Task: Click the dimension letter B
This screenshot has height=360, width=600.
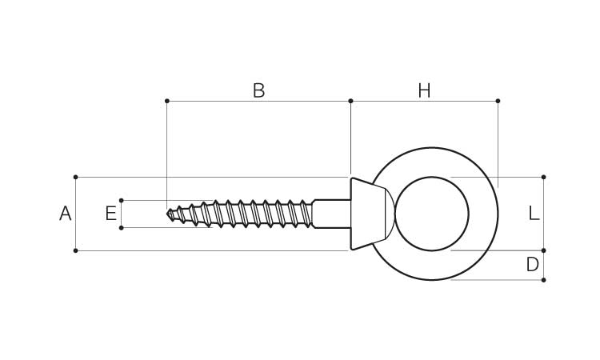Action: (258, 91)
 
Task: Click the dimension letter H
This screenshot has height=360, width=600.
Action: (424, 91)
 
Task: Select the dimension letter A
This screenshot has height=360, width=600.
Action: (66, 214)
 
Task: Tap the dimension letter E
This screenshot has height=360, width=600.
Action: (111, 214)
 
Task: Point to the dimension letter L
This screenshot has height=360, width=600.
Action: (534, 214)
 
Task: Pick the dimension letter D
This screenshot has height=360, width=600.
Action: (533, 265)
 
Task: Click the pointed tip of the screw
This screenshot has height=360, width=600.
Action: (170, 214)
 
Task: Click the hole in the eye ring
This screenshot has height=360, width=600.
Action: (431, 214)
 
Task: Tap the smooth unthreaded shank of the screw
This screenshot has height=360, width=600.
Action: (331, 214)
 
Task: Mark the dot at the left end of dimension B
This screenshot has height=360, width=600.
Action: (166, 101)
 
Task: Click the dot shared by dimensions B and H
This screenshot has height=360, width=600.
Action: (350, 101)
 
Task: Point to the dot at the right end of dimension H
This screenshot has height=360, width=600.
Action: (498, 101)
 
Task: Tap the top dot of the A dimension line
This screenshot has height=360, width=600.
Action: (75, 177)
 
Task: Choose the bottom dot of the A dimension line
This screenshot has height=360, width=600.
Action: (75, 250)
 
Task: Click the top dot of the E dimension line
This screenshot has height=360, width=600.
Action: (121, 200)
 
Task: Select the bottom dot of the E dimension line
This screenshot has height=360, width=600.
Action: (121, 228)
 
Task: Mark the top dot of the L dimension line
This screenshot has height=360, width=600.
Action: (543, 177)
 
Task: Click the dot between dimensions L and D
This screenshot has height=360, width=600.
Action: (543, 250)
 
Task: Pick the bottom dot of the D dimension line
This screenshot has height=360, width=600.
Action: (543, 280)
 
